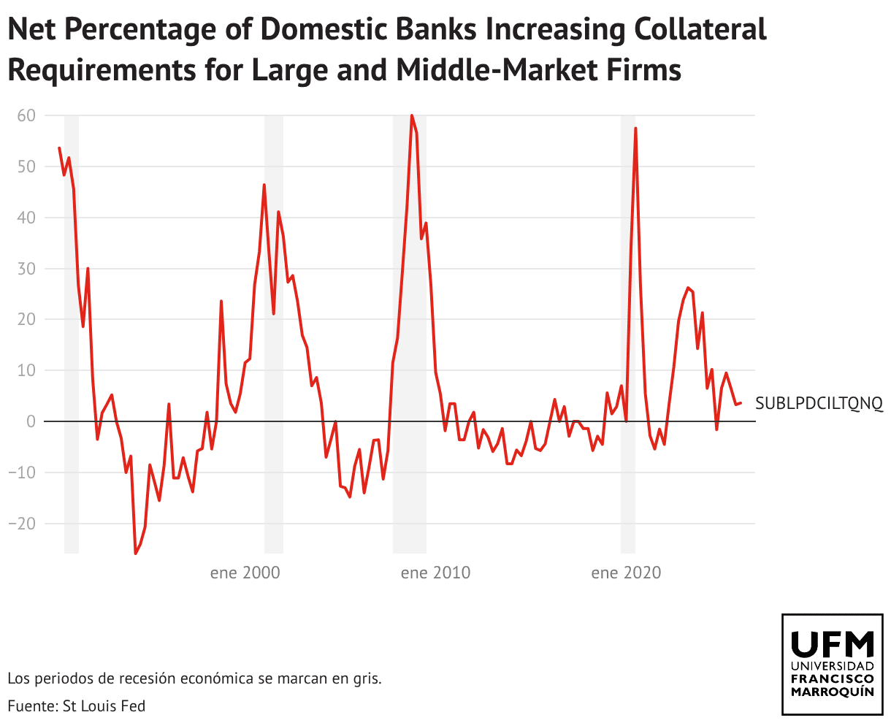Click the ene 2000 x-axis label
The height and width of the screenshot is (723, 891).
245,573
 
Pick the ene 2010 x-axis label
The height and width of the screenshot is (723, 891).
435,573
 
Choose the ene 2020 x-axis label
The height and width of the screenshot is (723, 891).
626,573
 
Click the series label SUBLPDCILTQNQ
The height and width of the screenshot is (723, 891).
819,403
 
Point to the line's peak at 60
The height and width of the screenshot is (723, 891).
412,115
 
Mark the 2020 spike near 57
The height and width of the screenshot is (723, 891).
636,129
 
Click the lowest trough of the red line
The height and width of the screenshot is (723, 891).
135,554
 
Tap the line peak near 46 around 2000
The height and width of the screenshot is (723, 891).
264,185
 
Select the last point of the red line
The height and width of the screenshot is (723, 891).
741,403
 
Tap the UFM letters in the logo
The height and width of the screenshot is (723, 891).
832,644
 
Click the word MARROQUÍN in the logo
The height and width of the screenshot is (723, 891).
832,692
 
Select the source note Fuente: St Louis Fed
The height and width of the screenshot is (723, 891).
77,705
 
